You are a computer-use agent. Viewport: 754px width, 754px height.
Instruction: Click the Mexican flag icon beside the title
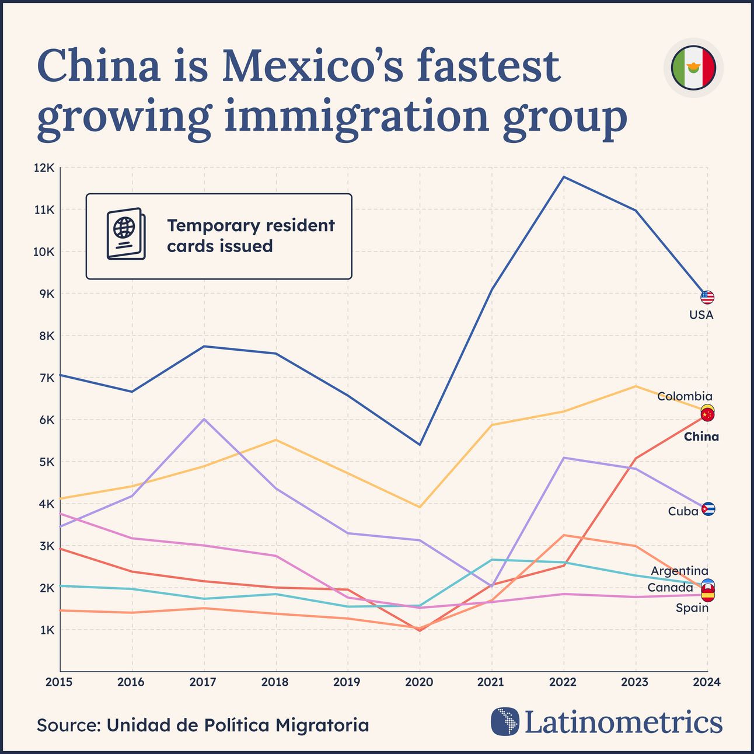(x=693, y=68)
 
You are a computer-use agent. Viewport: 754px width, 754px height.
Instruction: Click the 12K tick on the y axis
(x=44, y=168)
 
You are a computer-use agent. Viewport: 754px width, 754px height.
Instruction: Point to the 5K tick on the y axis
(x=46, y=462)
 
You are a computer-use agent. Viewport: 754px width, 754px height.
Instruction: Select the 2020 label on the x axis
(x=419, y=682)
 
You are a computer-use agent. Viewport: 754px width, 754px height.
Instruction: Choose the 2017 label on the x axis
(x=203, y=682)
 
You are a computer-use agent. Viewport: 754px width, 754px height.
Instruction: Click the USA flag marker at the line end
(x=707, y=298)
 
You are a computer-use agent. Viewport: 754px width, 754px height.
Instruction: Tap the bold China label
(x=701, y=437)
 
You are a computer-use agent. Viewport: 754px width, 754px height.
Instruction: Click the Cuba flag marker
(x=708, y=509)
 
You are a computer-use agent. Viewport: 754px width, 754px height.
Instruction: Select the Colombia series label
(x=684, y=397)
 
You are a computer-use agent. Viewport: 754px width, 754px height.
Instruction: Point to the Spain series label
(x=692, y=608)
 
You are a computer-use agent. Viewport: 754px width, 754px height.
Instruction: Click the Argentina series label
(x=679, y=571)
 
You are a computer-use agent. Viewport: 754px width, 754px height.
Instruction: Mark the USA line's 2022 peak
(x=564, y=177)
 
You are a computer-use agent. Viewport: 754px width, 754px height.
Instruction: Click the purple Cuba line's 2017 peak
(x=204, y=419)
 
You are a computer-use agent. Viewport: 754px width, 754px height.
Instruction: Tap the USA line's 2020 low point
(x=420, y=445)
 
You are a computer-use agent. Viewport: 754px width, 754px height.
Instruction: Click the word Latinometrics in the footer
(x=623, y=722)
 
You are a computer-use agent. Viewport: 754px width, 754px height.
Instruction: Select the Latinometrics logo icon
(x=505, y=721)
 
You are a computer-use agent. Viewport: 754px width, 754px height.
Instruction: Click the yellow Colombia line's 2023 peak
(x=636, y=386)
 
